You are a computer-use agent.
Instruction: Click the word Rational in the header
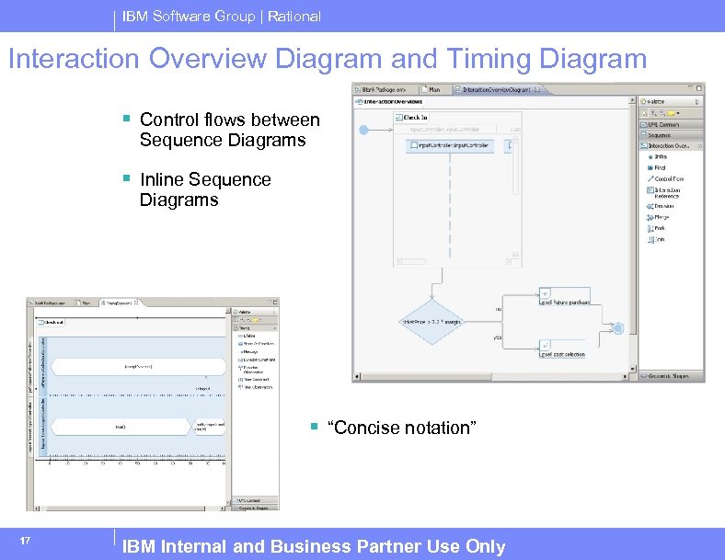(x=293, y=16)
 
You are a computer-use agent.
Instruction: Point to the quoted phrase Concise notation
(x=402, y=428)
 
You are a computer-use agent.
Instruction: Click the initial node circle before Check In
(x=363, y=131)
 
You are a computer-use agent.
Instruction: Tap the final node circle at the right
(x=617, y=328)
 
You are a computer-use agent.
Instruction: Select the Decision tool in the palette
(x=662, y=205)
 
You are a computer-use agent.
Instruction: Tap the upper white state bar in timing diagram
(x=138, y=366)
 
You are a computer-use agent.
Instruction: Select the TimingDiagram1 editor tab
(x=119, y=302)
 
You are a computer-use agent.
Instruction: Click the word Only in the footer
(x=486, y=547)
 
